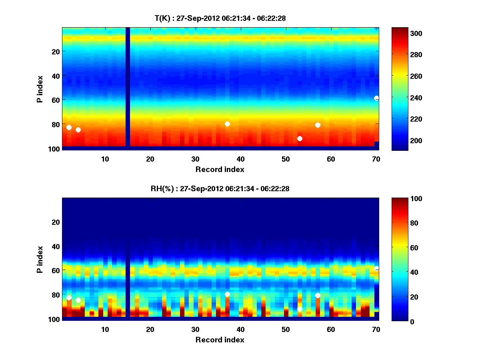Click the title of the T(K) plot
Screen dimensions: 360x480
tap(220, 18)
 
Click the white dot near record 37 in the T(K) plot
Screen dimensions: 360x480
tap(227, 124)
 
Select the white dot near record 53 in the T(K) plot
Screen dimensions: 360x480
tap(300, 138)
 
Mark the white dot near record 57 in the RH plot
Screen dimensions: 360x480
tap(318, 295)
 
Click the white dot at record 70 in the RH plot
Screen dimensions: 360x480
tap(376, 268)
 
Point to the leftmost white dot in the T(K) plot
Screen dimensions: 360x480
tap(69, 127)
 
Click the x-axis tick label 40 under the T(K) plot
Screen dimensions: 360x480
tap(240, 159)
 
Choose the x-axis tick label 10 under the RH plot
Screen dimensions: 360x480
tap(105, 330)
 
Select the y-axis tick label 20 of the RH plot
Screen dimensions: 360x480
tap(56, 222)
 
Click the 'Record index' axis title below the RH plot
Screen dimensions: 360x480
tap(220, 340)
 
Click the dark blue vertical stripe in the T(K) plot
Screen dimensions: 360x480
tap(128, 87)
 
